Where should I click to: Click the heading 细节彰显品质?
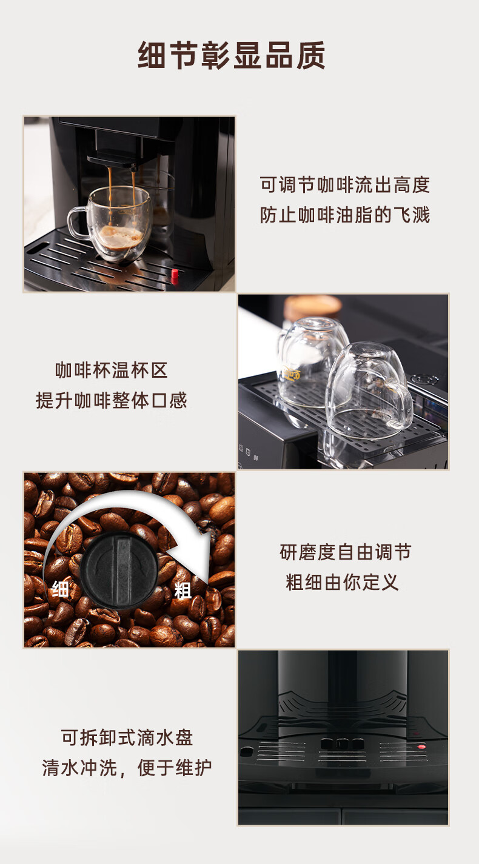tap(232, 56)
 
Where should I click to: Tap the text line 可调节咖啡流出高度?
tap(345, 185)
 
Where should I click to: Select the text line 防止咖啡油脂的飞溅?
tap(345, 215)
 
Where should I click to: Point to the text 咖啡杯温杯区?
tap(111, 370)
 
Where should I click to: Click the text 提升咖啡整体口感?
tap(111, 400)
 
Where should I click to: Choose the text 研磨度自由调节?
tap(345, 552)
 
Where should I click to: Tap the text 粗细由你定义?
tap(342, 582)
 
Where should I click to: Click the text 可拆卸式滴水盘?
tap(127, 737)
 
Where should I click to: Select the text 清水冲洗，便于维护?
tap(127, 768)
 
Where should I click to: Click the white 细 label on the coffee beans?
tap(61, 589)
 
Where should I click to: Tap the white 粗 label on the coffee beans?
tap(183, 590)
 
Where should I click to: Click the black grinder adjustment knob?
tap(119, 570)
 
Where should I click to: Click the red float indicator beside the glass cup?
tap(175, 275)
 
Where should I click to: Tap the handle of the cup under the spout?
tap(77, 221)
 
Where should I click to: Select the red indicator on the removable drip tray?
tap(421, 747)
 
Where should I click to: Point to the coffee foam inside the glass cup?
tap(119, 236)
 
